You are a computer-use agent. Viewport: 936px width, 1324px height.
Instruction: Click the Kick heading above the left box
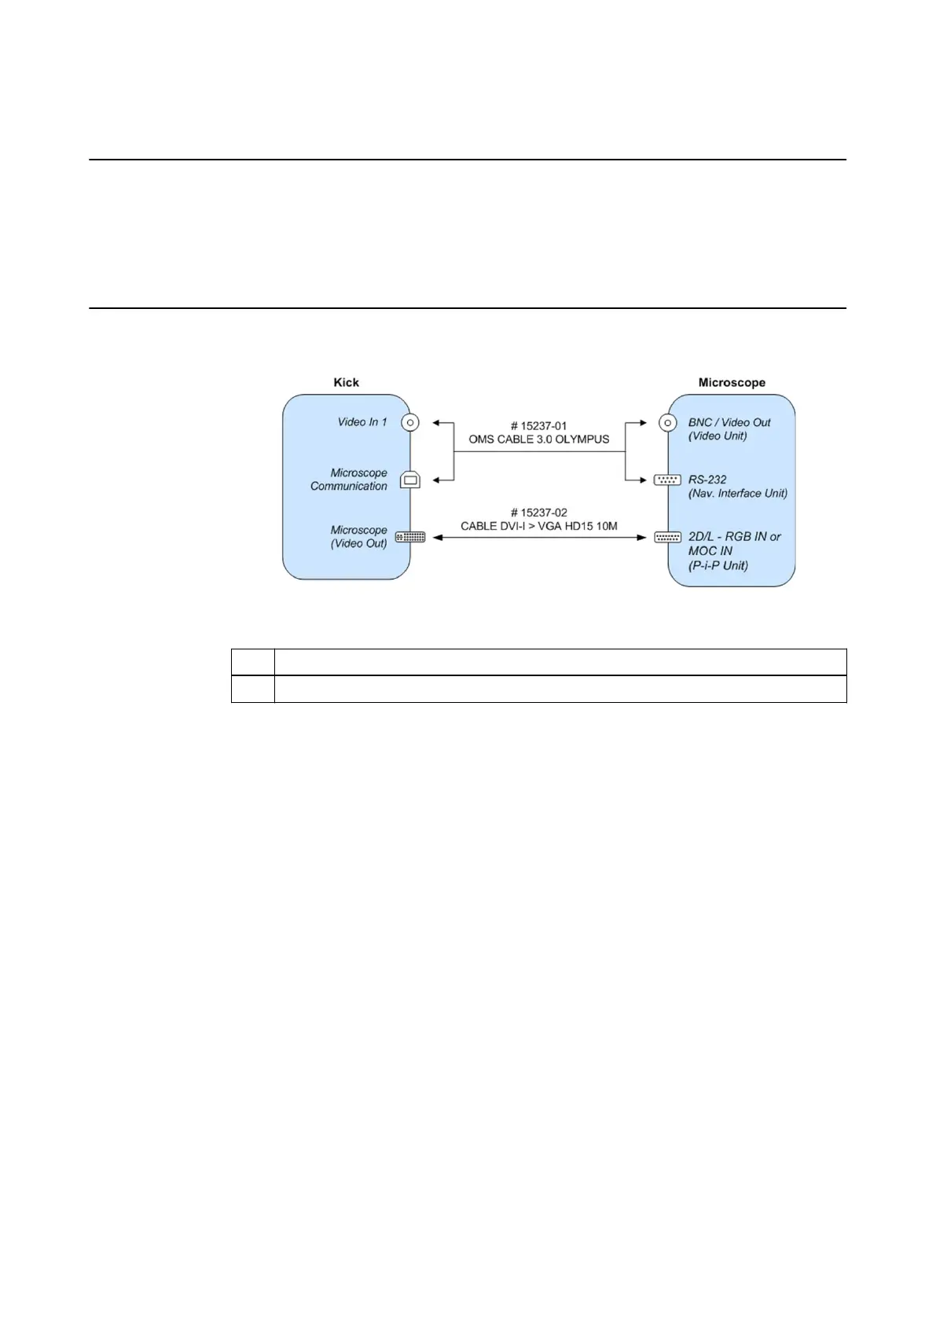[346, 382]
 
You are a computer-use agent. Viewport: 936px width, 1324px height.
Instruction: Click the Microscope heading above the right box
[731, 382]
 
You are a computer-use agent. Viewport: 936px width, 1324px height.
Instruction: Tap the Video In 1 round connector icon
[409, 422]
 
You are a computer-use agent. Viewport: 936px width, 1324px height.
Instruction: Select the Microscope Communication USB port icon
[409, 479]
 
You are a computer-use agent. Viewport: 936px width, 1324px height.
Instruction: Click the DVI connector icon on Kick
[409, 537]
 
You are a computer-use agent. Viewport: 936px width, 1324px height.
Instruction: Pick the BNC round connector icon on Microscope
[667, 422]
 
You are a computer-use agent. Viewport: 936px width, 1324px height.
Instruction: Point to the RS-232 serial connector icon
[667, 480]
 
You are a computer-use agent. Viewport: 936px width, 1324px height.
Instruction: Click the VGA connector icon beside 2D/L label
[667, 537]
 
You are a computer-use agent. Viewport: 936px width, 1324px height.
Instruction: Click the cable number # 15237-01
[538, 426]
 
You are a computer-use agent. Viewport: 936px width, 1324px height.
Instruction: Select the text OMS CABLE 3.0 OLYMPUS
[538, 439]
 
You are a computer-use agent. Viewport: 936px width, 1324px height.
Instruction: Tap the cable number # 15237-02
[538, 513]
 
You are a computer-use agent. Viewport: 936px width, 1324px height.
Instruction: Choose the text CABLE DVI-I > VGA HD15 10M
[538, 526]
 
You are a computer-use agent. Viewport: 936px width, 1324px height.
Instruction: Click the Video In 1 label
[362, 422]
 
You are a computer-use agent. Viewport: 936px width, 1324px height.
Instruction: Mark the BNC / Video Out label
[729, 422]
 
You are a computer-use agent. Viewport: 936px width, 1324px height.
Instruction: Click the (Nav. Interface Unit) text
[737, 494]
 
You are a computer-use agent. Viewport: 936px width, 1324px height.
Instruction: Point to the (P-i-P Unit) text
[718, 565]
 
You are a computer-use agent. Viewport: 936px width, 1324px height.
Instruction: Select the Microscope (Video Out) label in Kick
[358, 537]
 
